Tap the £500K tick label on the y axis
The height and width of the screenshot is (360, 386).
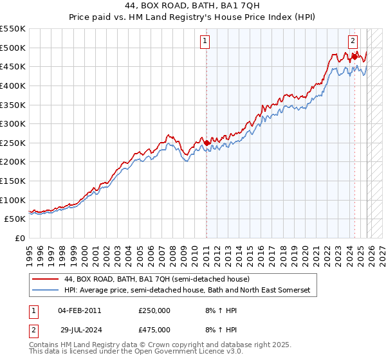coord(13,48)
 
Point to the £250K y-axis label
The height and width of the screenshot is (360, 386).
coord(13,143)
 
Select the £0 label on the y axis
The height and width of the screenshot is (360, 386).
coord(20,238)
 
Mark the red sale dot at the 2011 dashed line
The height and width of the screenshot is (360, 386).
coord(207,143)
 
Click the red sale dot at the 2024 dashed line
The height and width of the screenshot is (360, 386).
coord(354,57)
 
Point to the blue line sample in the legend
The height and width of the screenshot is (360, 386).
coord(46,291)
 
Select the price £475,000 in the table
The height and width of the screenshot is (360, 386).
coord(154,328)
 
